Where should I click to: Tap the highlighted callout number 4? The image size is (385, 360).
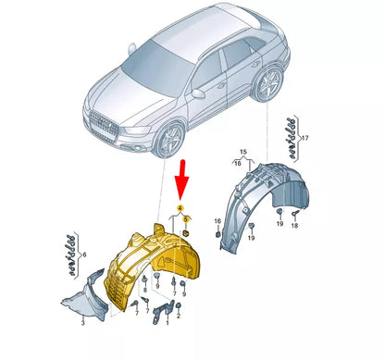[180, 207]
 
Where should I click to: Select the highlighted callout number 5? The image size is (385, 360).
[186, 219]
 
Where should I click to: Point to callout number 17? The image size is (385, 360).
[305, 138]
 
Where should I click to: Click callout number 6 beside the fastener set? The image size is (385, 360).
[84, 255]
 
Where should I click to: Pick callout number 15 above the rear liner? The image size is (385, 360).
[243, 152]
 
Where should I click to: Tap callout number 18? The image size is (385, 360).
[294, 226]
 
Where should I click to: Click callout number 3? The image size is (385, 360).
[82, 323]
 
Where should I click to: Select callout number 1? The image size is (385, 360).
[168, 323]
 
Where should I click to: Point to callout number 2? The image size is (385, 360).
[179, 317]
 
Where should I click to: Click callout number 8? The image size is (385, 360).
[145, 291]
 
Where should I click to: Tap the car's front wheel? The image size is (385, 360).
[169, 141]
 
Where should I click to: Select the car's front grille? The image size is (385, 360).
[104, 127]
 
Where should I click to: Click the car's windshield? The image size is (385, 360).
[155, 67]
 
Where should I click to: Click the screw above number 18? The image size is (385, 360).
[294, 214]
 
